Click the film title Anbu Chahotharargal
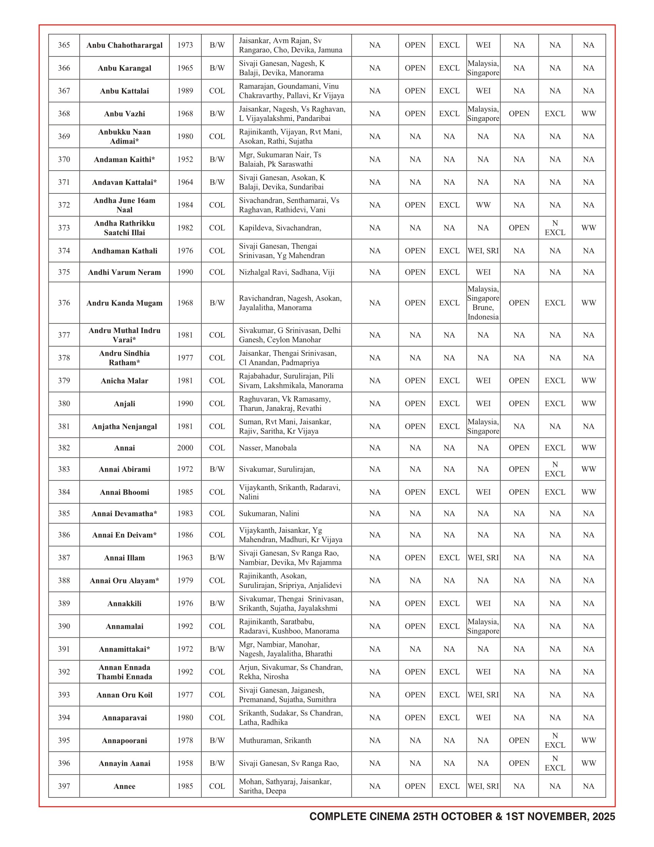tap(124, 45)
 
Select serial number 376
tap(64, 303)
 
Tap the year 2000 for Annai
tap(185, 448)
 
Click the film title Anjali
tap(124, 404)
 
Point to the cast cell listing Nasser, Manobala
tap(268, 448)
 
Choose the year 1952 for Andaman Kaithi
tap(185, 159)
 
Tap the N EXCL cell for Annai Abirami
tap(555, 469)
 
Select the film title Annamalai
tap(124, 626)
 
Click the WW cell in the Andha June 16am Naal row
tap(483, 205)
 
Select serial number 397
tap(64, 786)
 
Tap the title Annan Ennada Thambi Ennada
tap(124, 672)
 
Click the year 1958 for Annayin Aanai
tap(185, 763)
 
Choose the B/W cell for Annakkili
tap(217, 603)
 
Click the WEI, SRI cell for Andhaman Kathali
tap(483, 251)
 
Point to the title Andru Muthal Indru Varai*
tap(124, 335)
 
